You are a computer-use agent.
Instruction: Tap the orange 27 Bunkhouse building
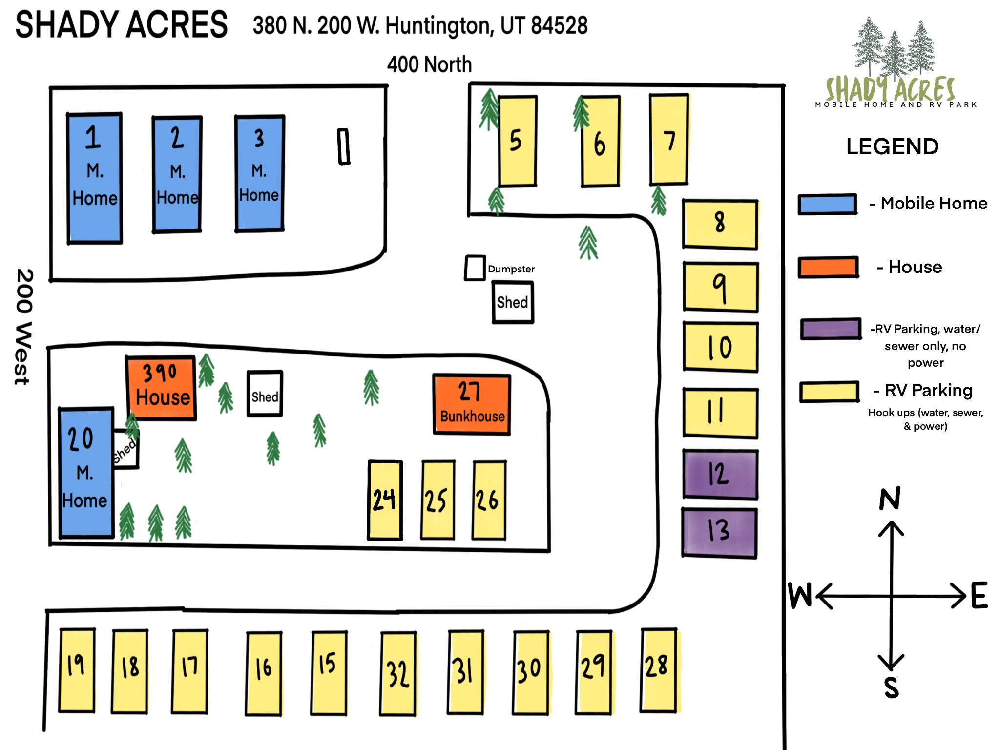click(x=472, y=404)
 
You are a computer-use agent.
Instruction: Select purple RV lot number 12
click(x=720, y=474)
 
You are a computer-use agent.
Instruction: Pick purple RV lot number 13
click(x=719, y=533)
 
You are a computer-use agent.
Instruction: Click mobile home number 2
click(x=177, y=174)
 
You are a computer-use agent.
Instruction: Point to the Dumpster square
click(x=474, y=268)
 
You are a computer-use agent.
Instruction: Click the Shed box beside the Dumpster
click(x=512, y=302)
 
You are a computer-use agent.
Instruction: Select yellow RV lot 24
click(x=385, y=500)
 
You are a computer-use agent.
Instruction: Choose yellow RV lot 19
click(x=77, y=670)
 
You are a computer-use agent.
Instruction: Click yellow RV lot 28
click(x=658, y=670)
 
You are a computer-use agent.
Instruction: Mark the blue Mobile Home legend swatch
click(x=827, y=204)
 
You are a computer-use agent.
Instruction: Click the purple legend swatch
click(x=830, y=329)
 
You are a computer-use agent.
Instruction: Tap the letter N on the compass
click(x=890, y=499)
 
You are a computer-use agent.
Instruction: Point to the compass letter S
click(x=891, y=688)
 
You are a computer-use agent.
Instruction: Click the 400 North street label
click(x=429, y=64)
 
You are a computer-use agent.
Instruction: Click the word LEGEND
click(x=892, y=146)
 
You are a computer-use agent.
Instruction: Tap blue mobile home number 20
click(x=86, y=473)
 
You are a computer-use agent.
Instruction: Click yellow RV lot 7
click(x=668, y=139)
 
